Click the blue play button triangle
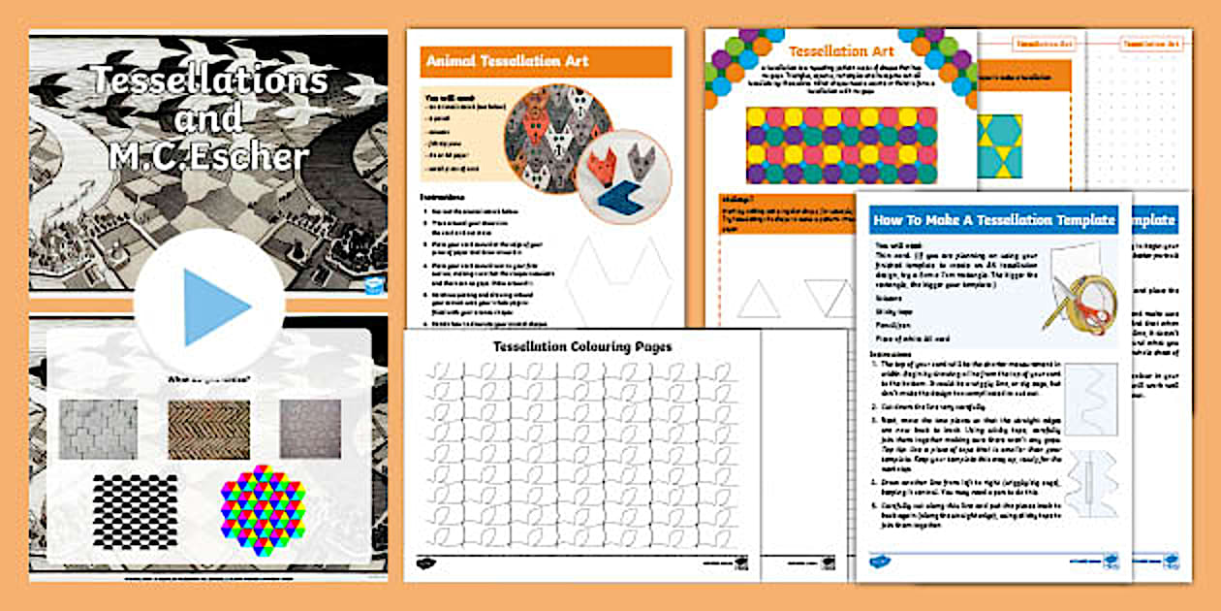point(214,306)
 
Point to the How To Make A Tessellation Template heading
point(994,219)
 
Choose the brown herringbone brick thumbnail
point(208,430)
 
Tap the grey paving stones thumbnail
point(98,430)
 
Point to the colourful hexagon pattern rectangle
point(840,145)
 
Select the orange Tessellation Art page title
point(840,51)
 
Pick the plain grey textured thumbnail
point(310,429)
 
